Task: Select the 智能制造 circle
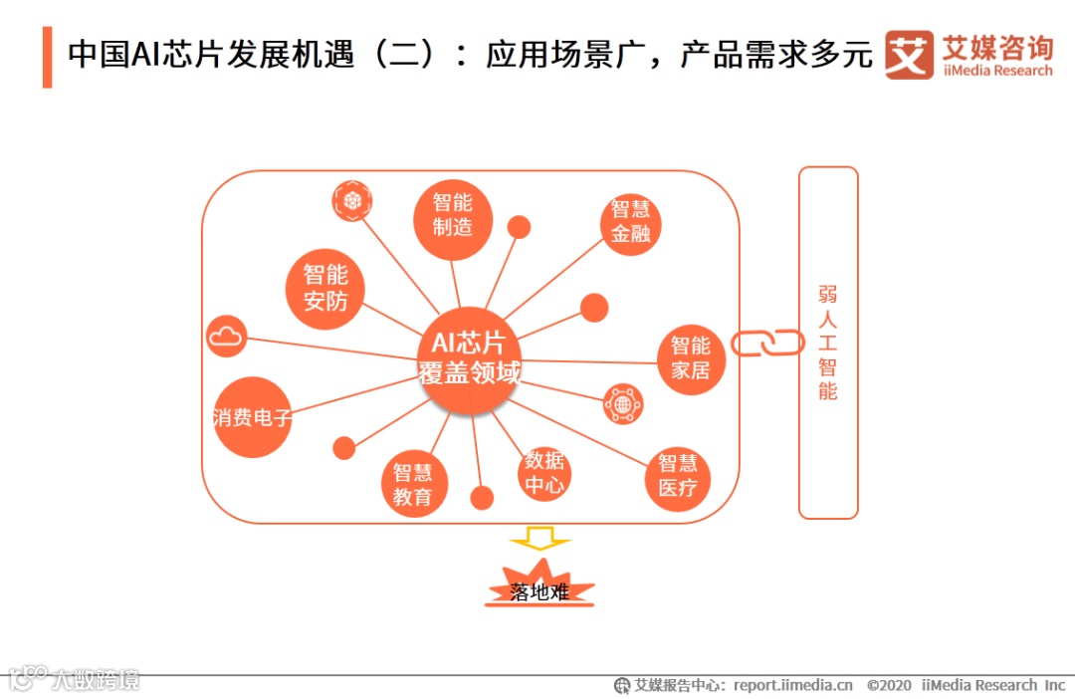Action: pyautogui.click(x=453, y=214)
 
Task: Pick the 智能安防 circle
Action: pyautogui.click(x=324, y=288)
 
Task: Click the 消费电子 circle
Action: pyautogui.click(x=253, y=417)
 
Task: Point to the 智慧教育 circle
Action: pyautogui.click(x=413, y=486)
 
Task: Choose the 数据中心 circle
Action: pyautogui.click(x=544, y=473)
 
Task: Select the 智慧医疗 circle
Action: pyautogui.click(x=678, y=476)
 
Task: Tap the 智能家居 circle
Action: pyautogui.click(x=690, y=358)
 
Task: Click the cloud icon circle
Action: pyautogui.click(x=226, y=337)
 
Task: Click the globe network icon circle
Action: pyautogui.click(x=623, y=404)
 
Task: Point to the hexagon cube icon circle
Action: pyautogui.click(x=352, y=201)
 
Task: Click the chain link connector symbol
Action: pyautogui.click(x=767, y=343)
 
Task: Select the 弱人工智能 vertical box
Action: pyautogui.click(x=827, y=343)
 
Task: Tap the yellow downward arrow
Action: pyautogui.click(x=540, y=540)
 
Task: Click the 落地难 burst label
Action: pyautogui.click(x=539, y=590)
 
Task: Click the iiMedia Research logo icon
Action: pyautogui.click(x=909, y=55)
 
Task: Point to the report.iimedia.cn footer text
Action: pyautogui.click(x=793, y=685)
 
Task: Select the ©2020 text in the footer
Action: pyautogui.click(x=889, y=685)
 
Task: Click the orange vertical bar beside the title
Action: pyautogui.click(x=47, y=57)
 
